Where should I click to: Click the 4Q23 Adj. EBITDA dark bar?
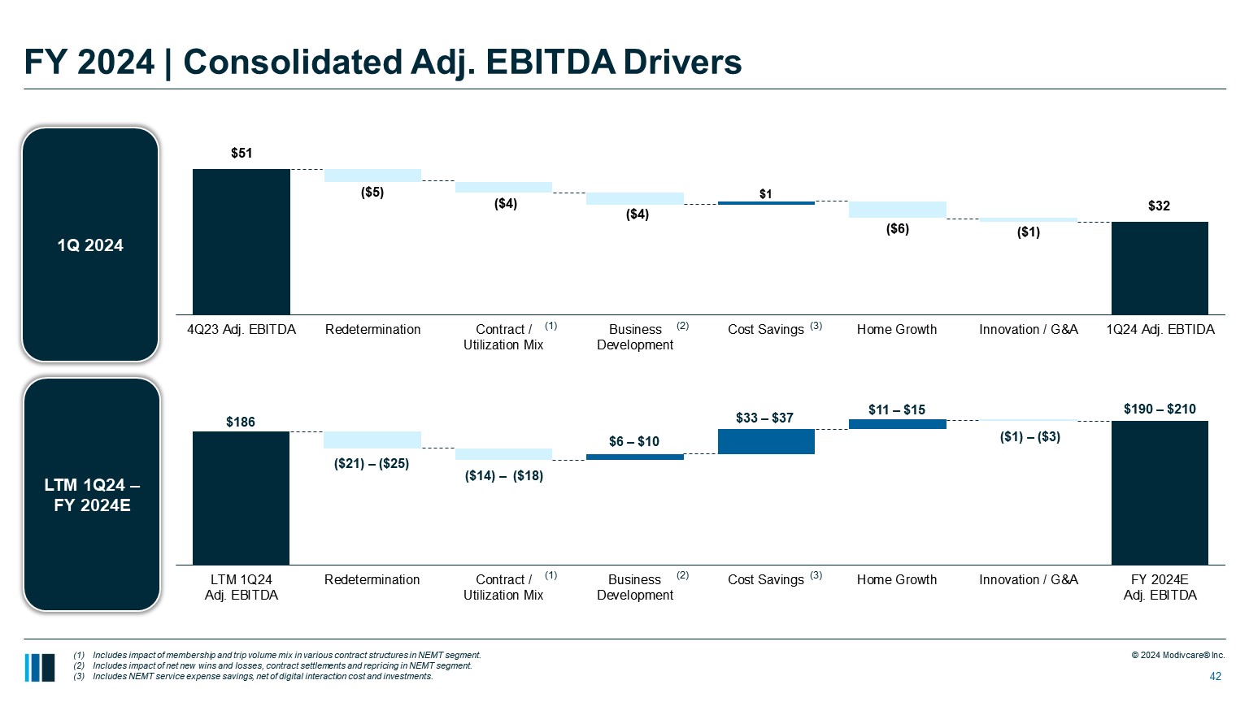coord(241,241)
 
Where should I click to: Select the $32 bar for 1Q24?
coord(1160,267)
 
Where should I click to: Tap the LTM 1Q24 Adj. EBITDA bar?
coord(241,497)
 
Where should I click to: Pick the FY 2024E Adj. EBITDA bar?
coord(1160,492)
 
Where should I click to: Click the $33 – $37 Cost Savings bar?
coord(766,441)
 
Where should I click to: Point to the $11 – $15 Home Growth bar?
coord(897,424)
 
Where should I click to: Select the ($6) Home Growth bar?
coord(897,210)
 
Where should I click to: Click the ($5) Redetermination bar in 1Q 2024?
coord(372,175)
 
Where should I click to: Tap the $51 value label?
coord(242,153)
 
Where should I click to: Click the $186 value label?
coord(241,422)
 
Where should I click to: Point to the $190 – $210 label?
coord(1160,409)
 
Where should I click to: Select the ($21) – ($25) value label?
coord(372,464)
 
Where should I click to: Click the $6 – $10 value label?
coord(634,441)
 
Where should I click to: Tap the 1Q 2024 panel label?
coord(90,245)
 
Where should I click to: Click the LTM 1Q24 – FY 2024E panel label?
coord(92,495)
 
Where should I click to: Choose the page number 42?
coord(1216,676)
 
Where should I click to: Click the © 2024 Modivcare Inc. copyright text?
coord(1177,656)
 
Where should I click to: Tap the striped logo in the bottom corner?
coord(40,667)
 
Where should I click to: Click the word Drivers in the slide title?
coord(683,62)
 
